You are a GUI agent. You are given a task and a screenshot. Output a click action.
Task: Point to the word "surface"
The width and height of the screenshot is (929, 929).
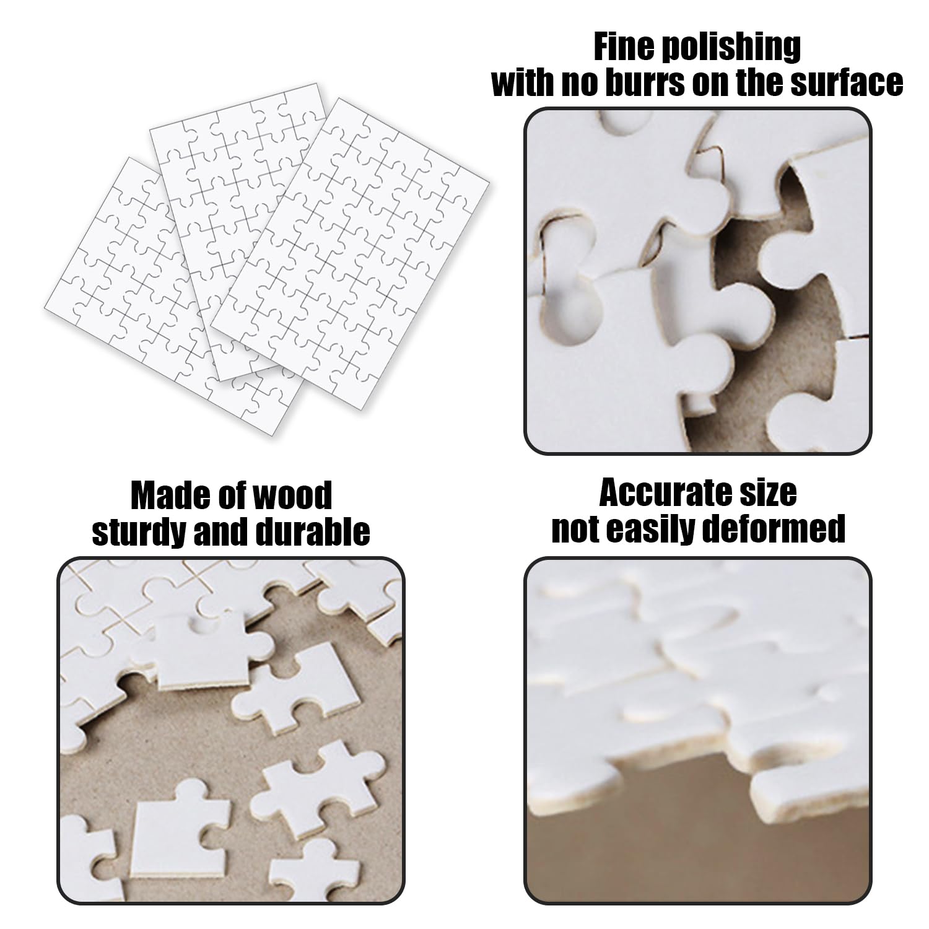tap(847, 82)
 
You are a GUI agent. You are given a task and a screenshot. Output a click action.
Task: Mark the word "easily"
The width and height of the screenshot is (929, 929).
tap(658, 530)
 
